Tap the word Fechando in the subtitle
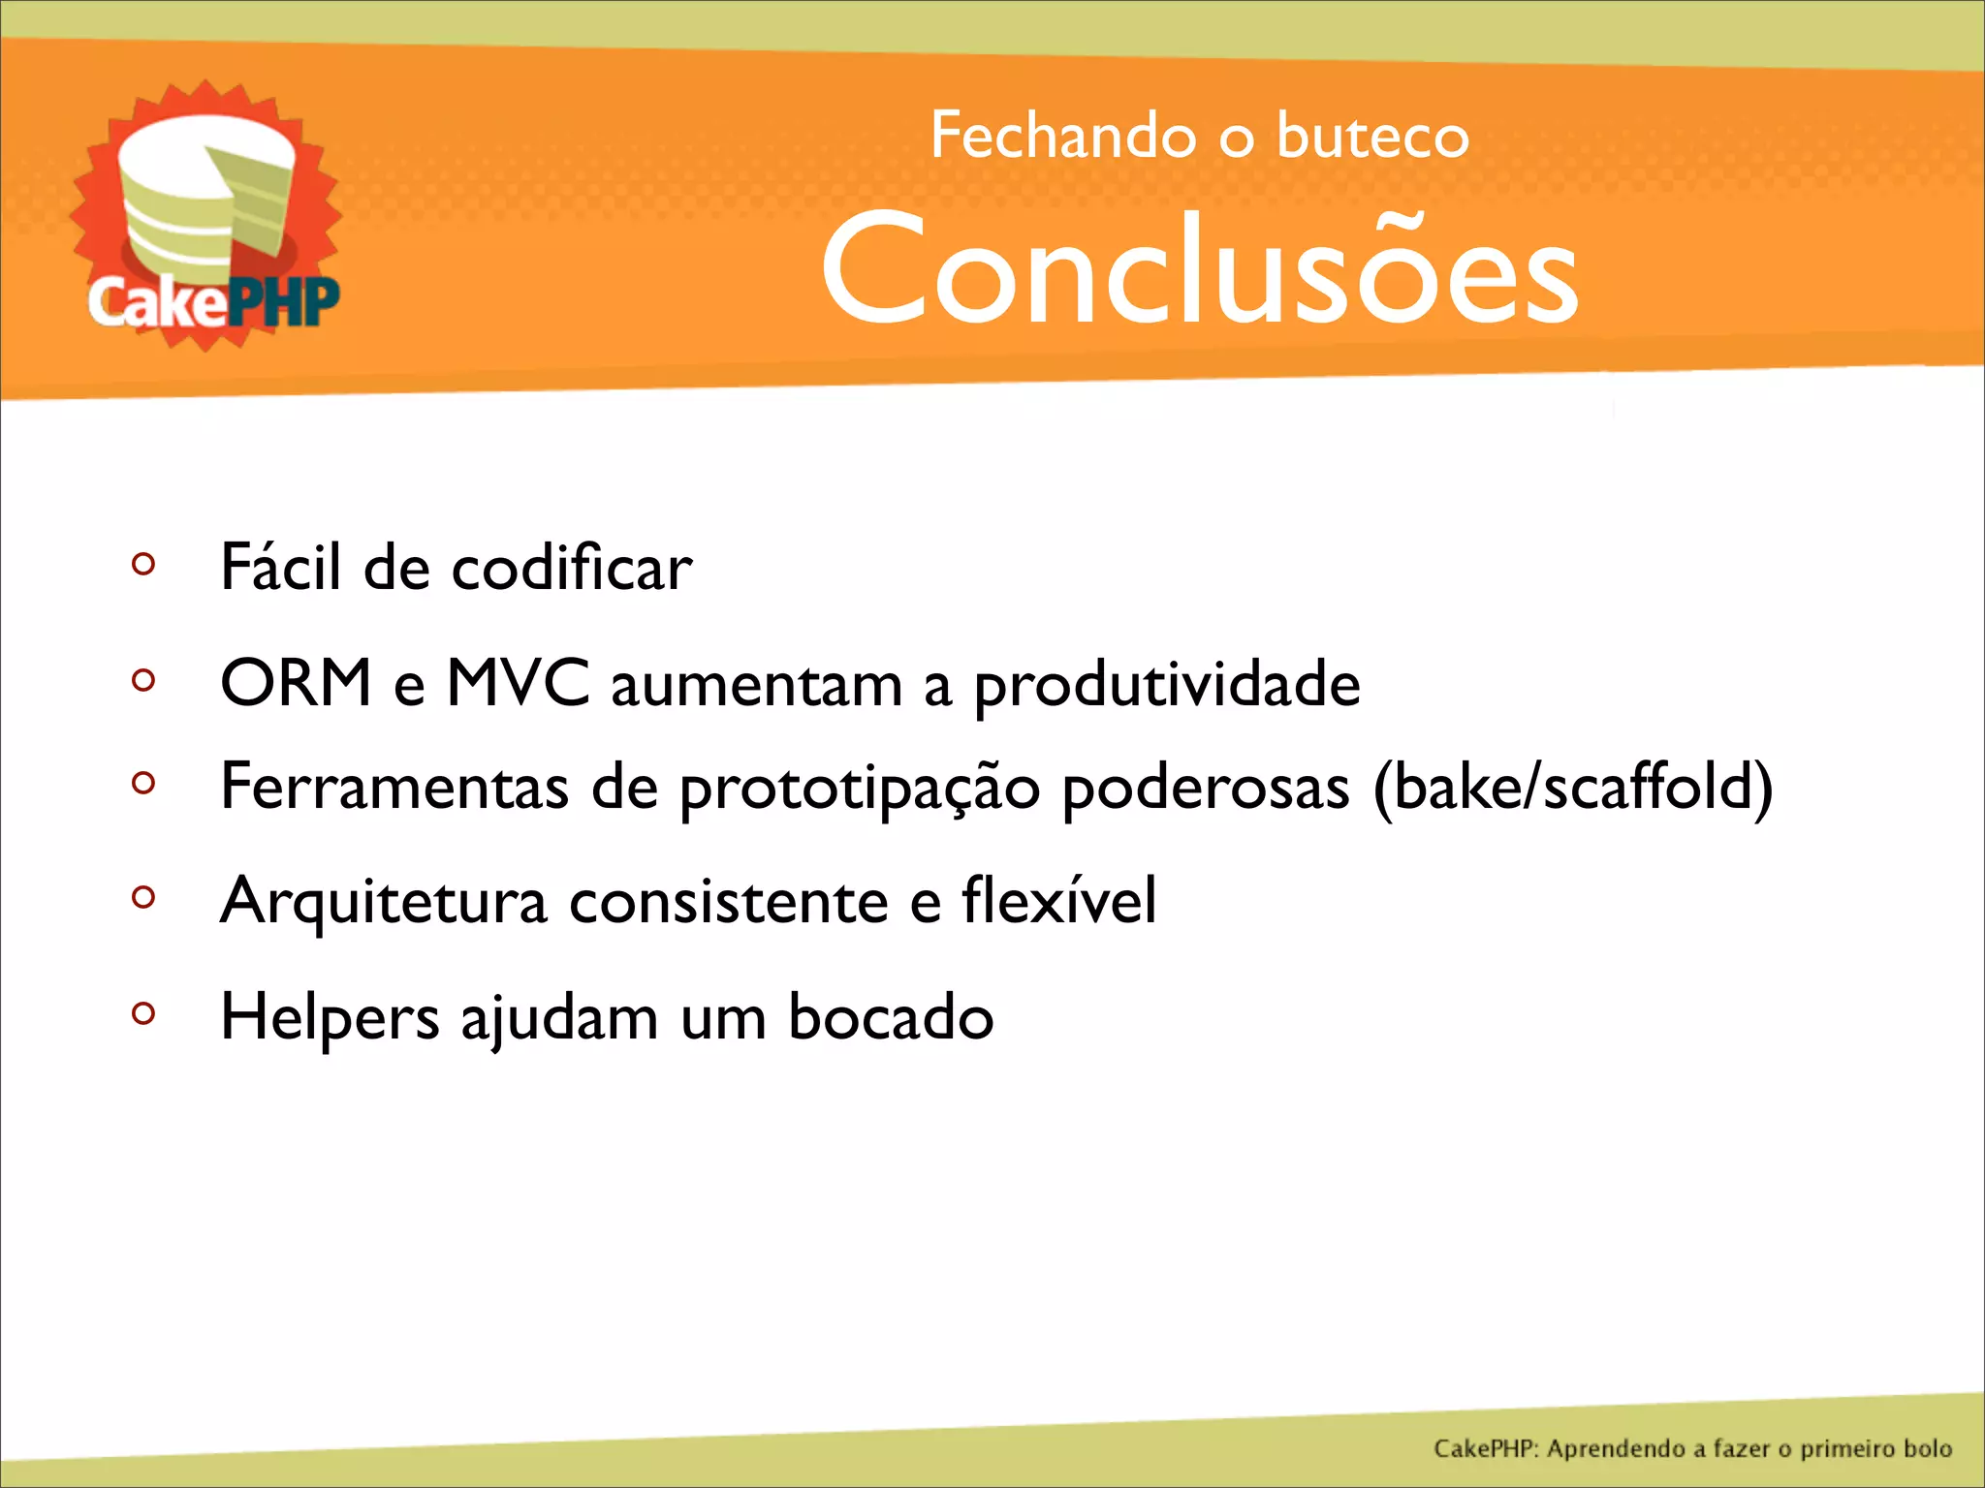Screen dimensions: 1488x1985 click(1062, 136)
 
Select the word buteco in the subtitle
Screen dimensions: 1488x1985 click(1372, 137)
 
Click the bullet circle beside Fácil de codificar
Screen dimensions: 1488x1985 click(143, 563)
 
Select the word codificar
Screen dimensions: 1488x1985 click(572, 568)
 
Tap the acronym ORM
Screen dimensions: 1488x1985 click(296, 683)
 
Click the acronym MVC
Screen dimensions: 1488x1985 click(518, 683)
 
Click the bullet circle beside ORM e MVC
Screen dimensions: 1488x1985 click(143, 680)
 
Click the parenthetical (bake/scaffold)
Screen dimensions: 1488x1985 click(1573, 787)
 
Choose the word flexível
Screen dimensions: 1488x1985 click(1058, 900)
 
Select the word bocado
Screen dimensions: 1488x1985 click(891, 1017)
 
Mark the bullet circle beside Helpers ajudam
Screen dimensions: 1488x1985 click(143, 1013)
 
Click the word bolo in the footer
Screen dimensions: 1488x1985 click(1927, 1448)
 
